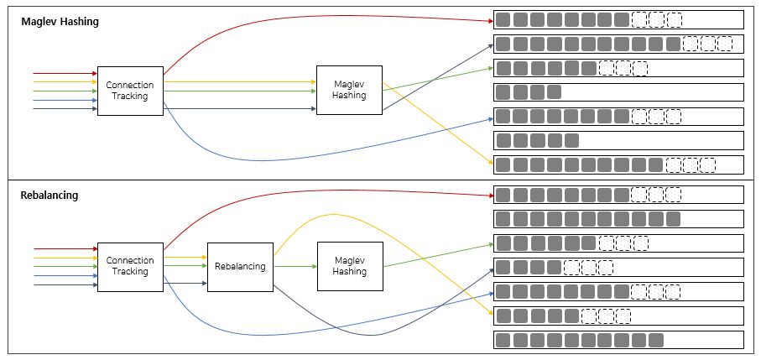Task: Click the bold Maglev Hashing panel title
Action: (x=60, y=22)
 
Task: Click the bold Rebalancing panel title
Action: (x=50, y=196)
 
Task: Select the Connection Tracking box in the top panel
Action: (x=129, y=91)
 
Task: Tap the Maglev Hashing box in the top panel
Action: (x=348, y=90)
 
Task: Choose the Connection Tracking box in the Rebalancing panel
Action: (x=129, y=266)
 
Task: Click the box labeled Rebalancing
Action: (x=240, y=266)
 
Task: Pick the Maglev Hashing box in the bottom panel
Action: (x=349, y=266)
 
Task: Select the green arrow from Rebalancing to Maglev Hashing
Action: (x=294, y=266)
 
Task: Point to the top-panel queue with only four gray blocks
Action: (x=618, y=91)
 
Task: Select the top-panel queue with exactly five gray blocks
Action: (x=618, y=140)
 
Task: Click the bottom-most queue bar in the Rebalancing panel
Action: (x=618, y=340)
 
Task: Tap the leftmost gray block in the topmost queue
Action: (x=503, y=19)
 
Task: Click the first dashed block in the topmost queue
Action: (x=639, y=19)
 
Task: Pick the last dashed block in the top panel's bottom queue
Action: (x=707, y=164)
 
